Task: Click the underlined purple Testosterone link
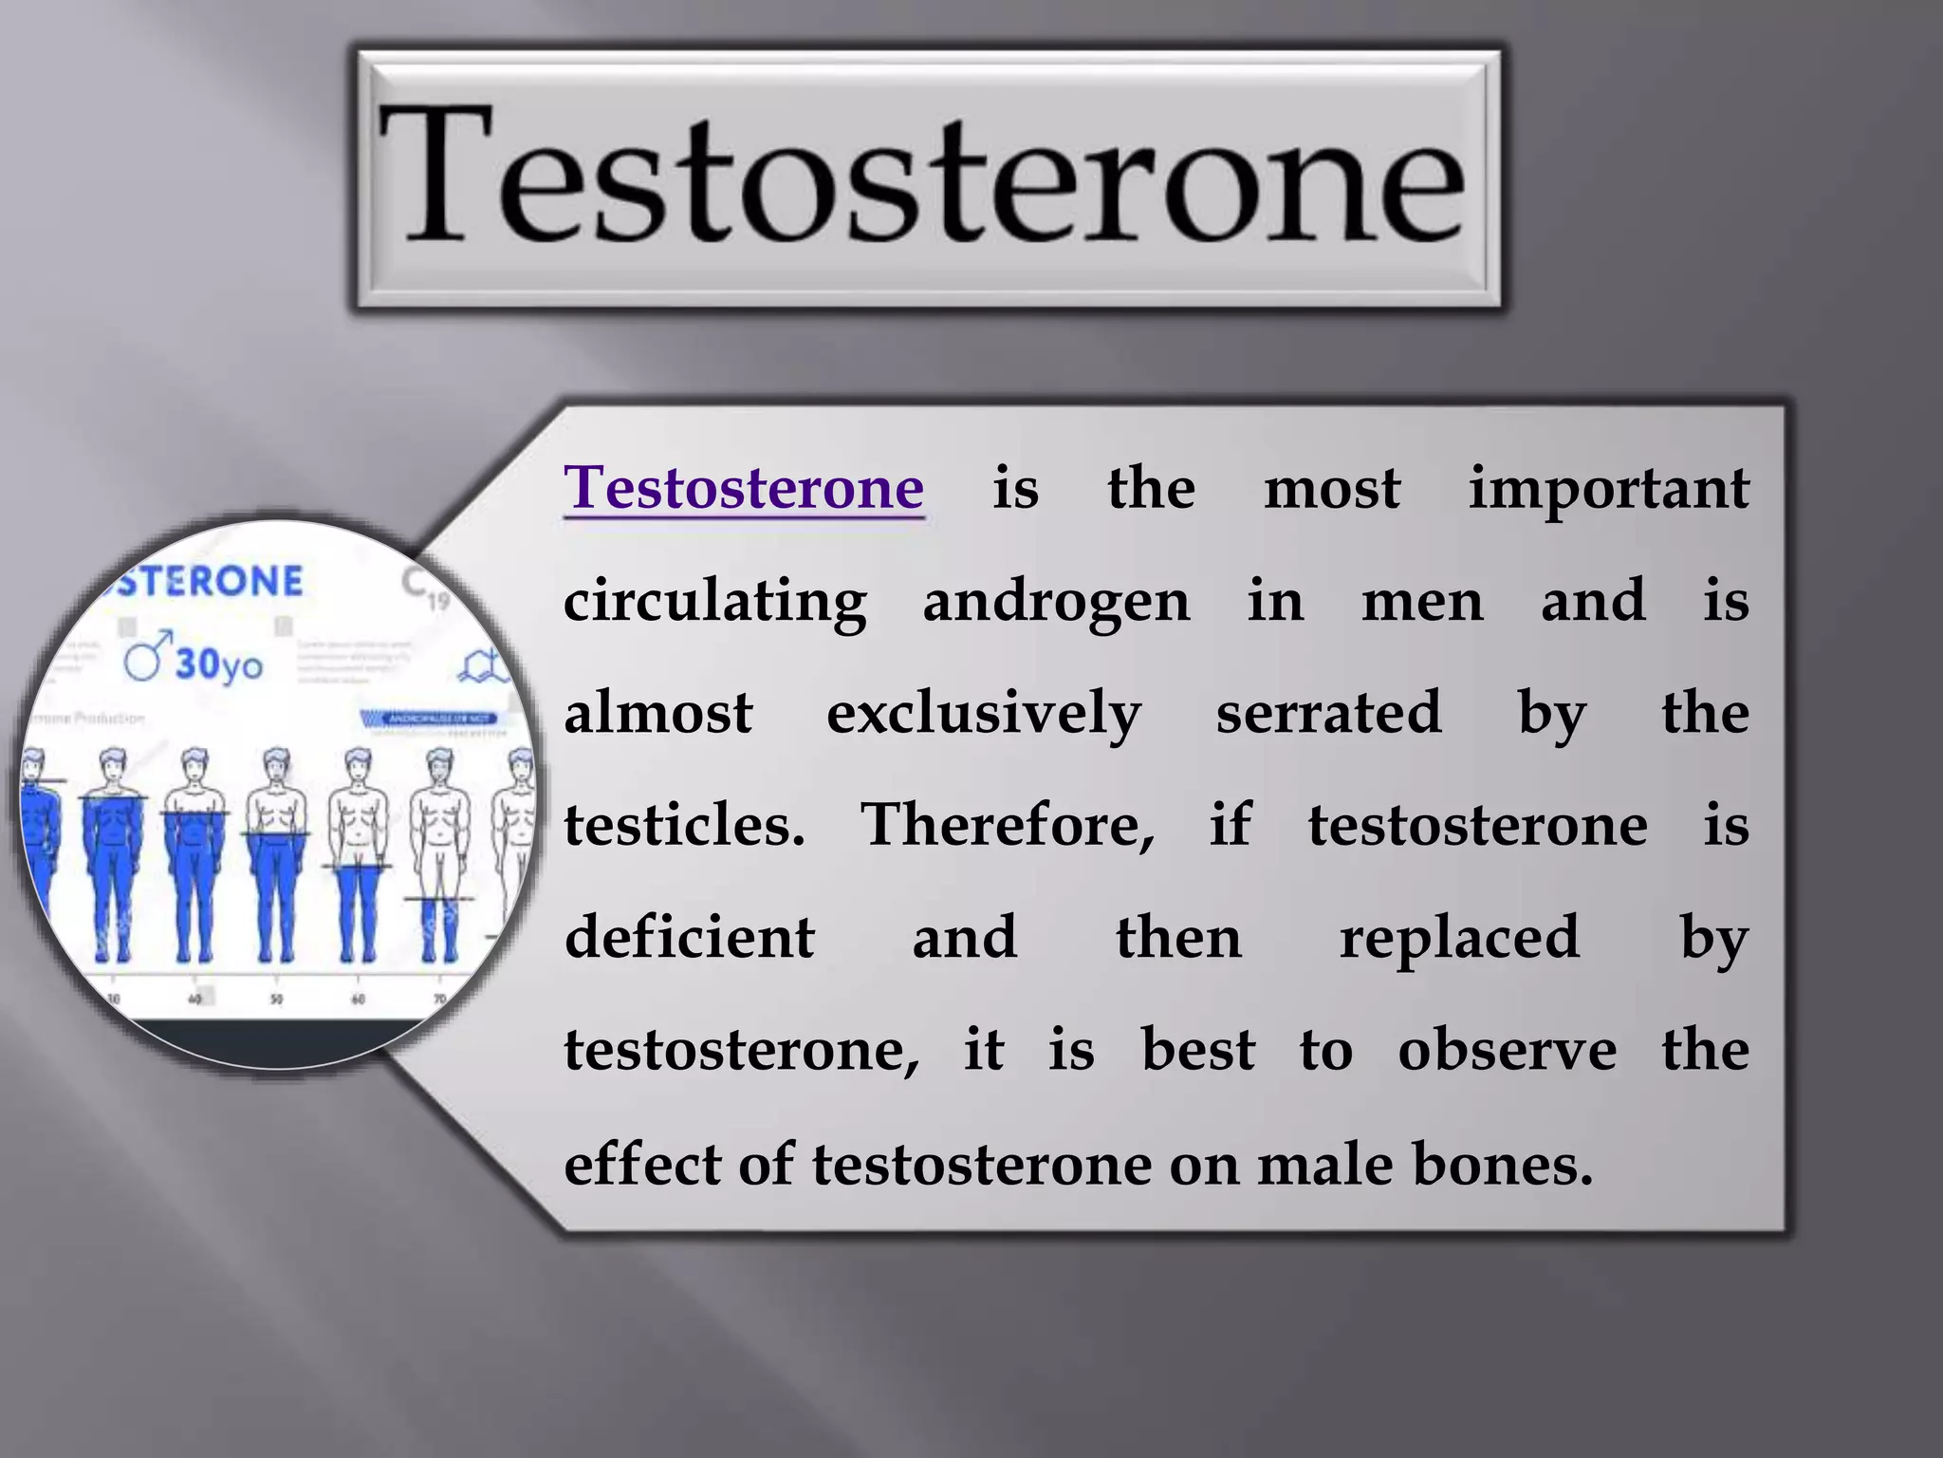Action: (x=744, y=488)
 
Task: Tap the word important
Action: (x=1608, y=488)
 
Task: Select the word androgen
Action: (x=1056, y=602)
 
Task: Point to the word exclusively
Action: (x=984, y=714)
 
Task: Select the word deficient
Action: (x=690, y=937)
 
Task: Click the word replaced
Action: (x=1459, y=937)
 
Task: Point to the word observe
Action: (x=1507, y=1050)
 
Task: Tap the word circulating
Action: (x=715, y=602)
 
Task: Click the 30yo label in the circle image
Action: (x=218, y=664)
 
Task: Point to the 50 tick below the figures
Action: (x=276, y=999)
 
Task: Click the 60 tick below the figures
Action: (x=358, y=999)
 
